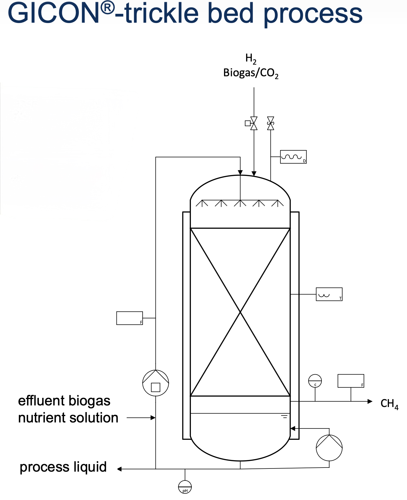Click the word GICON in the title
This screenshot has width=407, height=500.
coord(54,13)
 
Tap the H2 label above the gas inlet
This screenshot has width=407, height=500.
coord(251,59)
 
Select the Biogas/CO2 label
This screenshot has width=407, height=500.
coord(251,73)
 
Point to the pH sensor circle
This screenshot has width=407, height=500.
coord(185,487)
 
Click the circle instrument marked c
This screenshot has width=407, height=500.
coord(315,381)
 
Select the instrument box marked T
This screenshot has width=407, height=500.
coord(329,294)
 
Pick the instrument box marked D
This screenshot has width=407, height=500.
coord(293,157)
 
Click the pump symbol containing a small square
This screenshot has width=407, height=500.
coord(156,383)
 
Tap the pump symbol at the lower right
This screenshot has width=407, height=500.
coord(329,448)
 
